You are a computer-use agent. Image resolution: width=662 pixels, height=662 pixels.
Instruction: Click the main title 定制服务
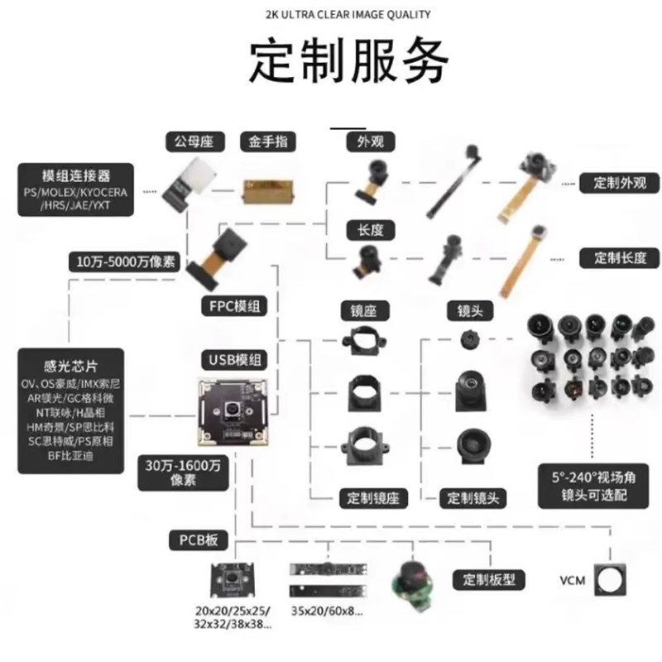tap(350, 59)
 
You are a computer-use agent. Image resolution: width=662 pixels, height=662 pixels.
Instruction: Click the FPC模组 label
tap(234, 305)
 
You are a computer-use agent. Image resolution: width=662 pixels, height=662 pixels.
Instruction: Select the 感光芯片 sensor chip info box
tap(71, 410)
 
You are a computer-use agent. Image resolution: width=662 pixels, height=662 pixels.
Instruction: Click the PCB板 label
tap(199, 540)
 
